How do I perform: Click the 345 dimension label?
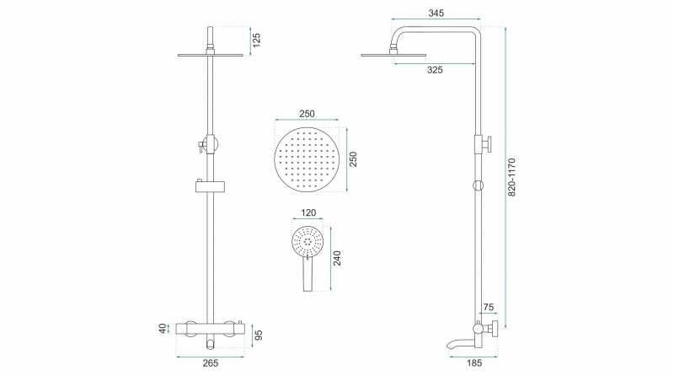436,13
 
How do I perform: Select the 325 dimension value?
435,70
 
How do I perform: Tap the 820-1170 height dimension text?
511,177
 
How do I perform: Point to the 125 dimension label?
257,40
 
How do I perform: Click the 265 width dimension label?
211,363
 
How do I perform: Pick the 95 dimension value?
259,336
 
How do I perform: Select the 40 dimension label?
163,328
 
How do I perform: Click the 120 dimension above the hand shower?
308,212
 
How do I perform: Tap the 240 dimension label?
337,258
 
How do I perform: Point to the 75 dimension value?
489,307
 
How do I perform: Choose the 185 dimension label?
474,363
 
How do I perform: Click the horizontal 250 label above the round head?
307,114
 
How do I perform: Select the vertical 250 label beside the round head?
353,159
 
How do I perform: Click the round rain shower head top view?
307,159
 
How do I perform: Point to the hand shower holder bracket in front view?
210,186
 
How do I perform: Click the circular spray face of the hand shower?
308,242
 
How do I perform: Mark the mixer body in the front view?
211,329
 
